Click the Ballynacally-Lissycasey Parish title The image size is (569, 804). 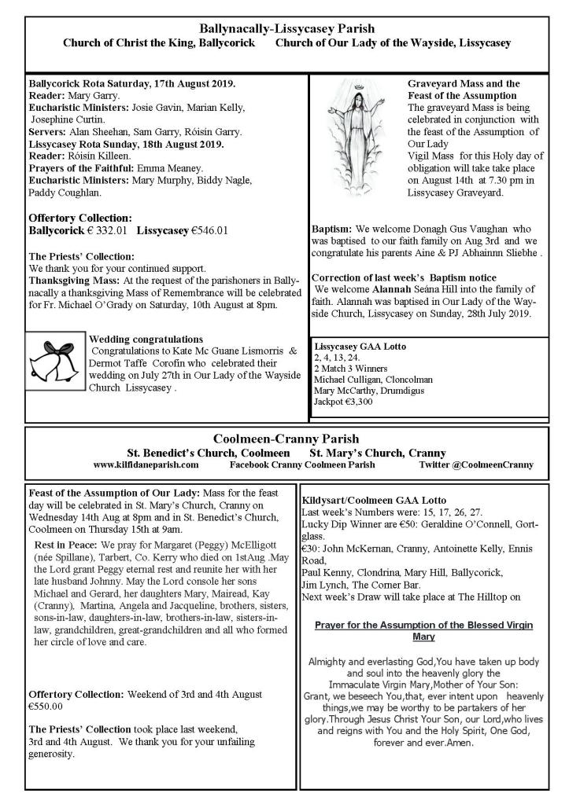tap(286, 29)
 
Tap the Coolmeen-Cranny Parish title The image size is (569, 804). tap(286, 439)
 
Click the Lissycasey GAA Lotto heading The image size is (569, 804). tap(360, 346)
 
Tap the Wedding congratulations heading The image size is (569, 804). tap(147, 340)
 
